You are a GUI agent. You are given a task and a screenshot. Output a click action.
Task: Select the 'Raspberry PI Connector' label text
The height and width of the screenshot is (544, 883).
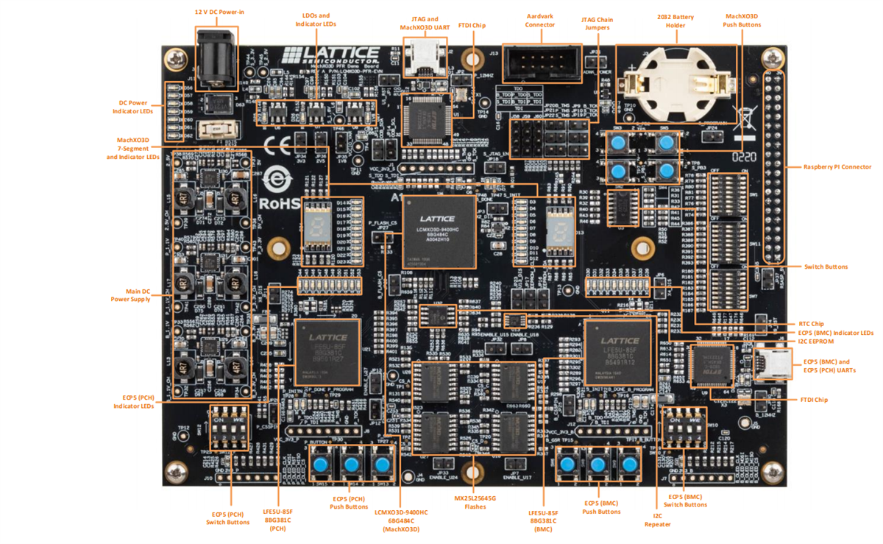(837, 167)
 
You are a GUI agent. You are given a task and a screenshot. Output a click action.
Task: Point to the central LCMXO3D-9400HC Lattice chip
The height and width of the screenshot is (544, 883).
(438, 231)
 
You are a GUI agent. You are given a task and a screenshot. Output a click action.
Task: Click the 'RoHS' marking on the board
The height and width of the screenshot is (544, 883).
(280, 202)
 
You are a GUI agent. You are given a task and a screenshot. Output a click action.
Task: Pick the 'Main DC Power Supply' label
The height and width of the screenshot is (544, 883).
(130, 295)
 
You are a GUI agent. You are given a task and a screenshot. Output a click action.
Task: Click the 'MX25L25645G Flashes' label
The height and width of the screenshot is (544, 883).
(475, 503)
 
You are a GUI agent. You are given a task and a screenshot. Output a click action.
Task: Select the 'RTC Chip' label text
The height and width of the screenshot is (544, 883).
(811, 323)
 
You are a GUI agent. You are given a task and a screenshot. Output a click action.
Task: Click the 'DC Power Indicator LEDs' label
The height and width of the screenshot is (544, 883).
(132, 107)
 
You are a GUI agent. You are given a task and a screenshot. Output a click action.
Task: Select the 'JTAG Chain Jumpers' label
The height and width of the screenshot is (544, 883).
(597, 24)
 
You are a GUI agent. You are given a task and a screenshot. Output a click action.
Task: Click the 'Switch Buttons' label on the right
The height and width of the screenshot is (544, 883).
(826, 266)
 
